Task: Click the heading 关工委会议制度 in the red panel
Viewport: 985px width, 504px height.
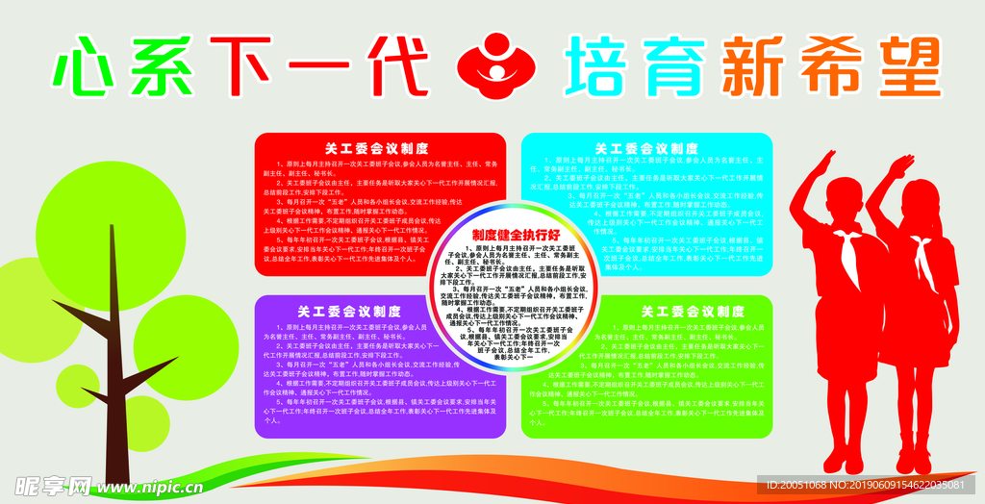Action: [x=349, y=149]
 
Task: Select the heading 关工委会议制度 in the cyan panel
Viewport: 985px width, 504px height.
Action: [x=646, y=149]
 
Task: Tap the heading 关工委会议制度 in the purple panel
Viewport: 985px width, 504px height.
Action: [x=349, y=312]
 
